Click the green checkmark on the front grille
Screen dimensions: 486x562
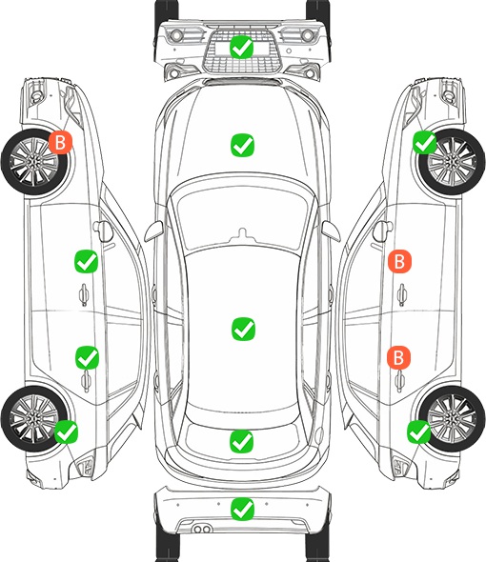pos(242,47)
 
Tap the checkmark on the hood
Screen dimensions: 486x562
pos(242,145)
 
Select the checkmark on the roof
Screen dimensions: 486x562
pos(243,329)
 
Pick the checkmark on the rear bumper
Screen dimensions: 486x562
pos(242,509)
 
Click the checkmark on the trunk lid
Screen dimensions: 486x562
pos(242,441)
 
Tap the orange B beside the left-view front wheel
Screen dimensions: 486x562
pos(61,142)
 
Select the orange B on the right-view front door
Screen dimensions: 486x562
pos(399,261)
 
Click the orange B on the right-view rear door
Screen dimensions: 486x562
pos(399,357)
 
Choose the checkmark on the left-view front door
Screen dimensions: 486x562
pos(86,261)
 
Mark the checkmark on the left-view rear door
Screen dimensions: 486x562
pos(87,357)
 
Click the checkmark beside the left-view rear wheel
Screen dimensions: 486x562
pos(67,432)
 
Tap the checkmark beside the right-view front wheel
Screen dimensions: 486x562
pos(425,142)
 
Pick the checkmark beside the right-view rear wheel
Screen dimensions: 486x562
pos(418,432)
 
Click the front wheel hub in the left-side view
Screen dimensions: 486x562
pos(33,162)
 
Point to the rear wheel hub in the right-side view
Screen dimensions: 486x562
pos(452,418)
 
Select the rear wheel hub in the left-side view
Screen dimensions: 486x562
pos(33,418)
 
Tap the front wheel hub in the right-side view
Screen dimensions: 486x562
pos(453,162)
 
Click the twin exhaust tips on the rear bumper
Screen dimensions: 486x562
pos(202,529)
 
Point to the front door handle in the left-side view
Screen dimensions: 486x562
pos(84,294)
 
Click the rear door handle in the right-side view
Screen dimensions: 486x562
pos(400,381)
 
